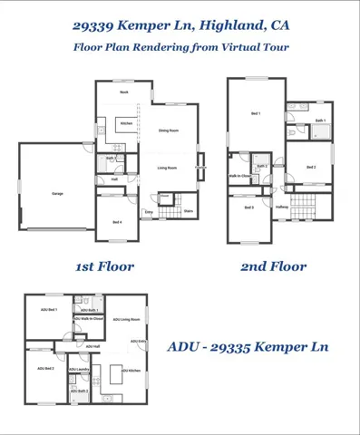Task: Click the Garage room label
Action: pyautogui.click(x=57, y=193)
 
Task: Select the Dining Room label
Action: pyautogui.click(x=167, y=131)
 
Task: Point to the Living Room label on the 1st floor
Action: pyautogui.click(x=166, y=168)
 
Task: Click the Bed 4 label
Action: pyautogui.click(x=117, y=222)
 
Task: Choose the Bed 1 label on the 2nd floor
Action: pyautogui.click(x=255, y=113)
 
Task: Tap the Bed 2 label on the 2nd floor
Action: pyautogui.click(x=310, y=168)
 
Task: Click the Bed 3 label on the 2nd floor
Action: pyautogui.click(x=248, y=208)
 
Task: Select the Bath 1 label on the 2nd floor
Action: pyautogui.click(x=320, y=121)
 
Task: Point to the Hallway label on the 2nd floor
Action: pyautogui.click(x=282, y=208)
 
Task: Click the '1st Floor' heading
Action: pyautogui.click(x=104, y=266)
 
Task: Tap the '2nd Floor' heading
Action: pyautogui.click(x=273, y=266)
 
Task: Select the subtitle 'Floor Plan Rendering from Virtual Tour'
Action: pyautogui.click(x=180, y=47)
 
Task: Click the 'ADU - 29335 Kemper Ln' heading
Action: pyautogui.click(x=248, y=347)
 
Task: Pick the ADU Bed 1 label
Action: pyautogui.click(x=47, y=311)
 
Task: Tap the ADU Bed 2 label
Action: pyautogui.click(x=45, y=369)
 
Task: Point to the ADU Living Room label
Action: pyautogui.click(x=126, y=320)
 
